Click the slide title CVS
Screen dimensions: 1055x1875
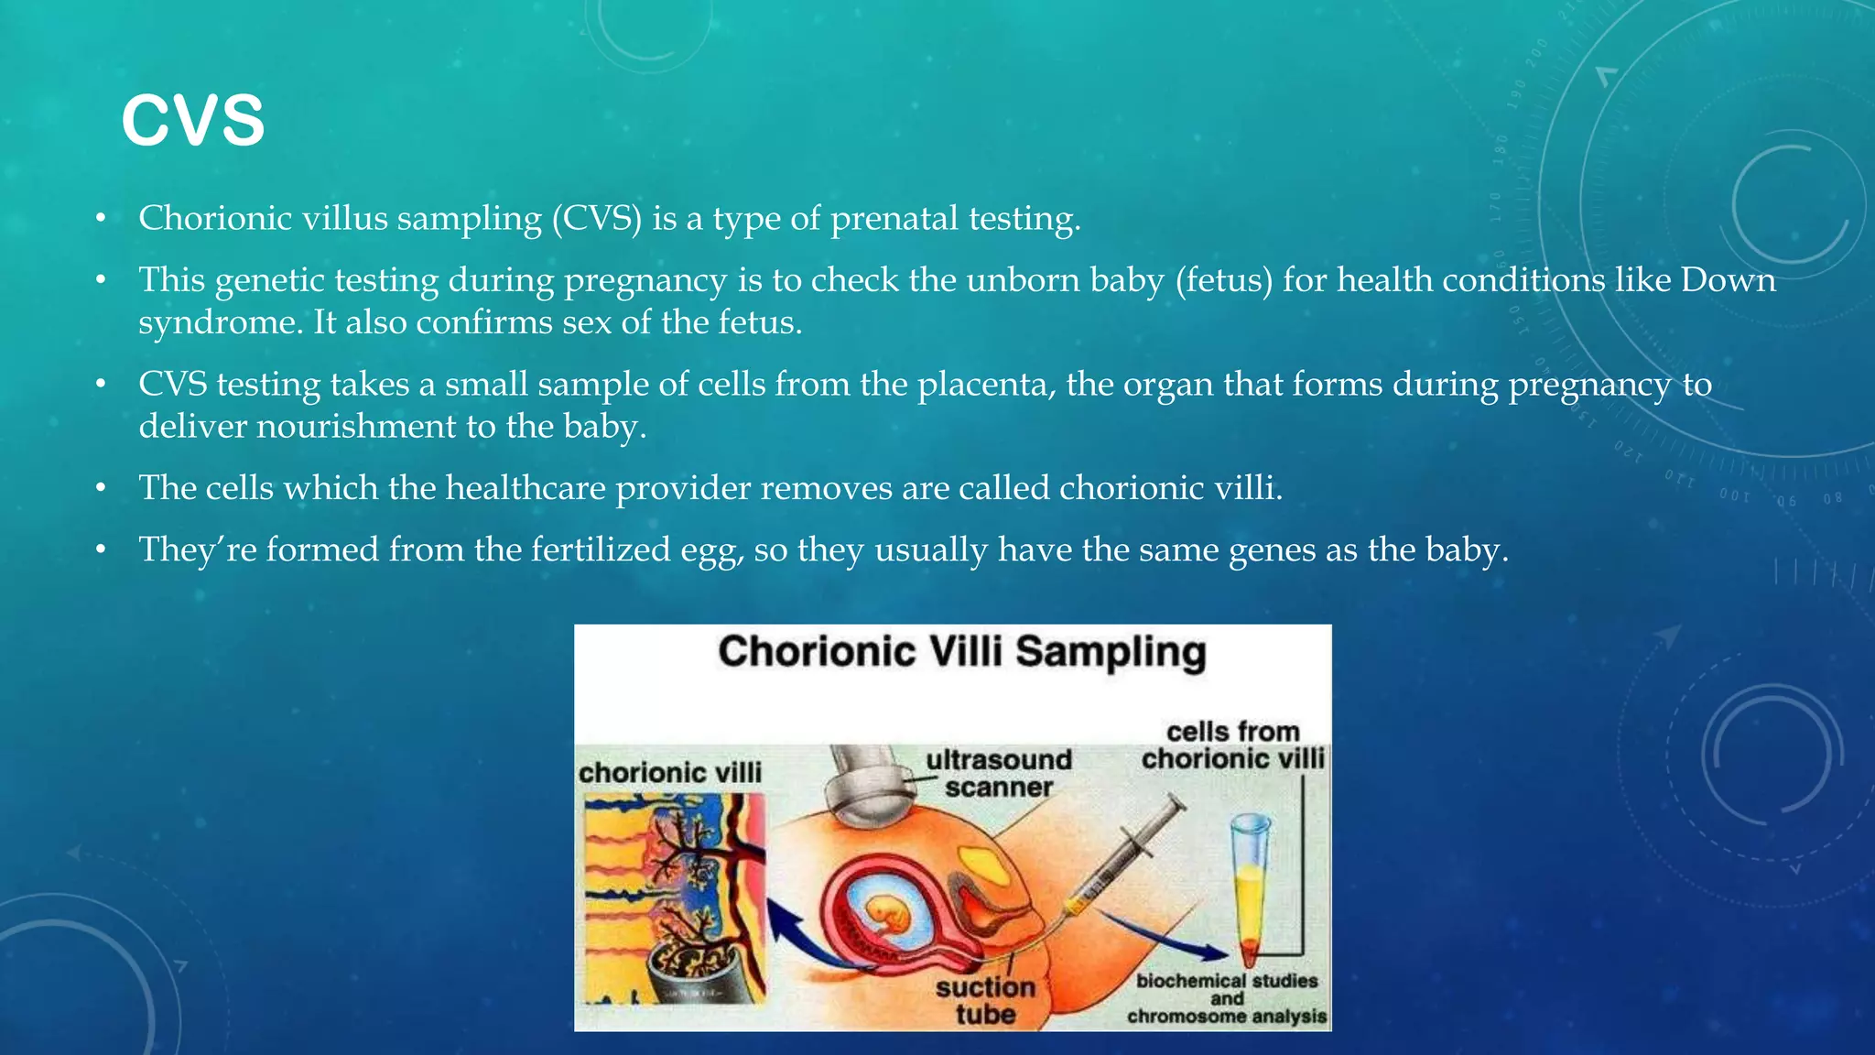[x=192, y=121]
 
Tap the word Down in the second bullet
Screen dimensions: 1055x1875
[x=1728, y=280]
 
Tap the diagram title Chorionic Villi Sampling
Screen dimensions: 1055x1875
[x=961, y=652]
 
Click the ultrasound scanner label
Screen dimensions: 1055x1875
[x=998, y=773]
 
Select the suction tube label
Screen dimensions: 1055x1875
[x=985, y=1000]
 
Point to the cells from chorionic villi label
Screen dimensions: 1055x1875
[x=1232, y=745]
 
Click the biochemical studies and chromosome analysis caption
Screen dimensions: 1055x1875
[x=1227, y=998]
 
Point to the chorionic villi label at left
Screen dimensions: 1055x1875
[x=670, y=773]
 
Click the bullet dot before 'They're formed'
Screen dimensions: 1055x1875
[x=102, y=550]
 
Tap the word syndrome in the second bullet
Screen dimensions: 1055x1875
[x=220, y=323]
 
